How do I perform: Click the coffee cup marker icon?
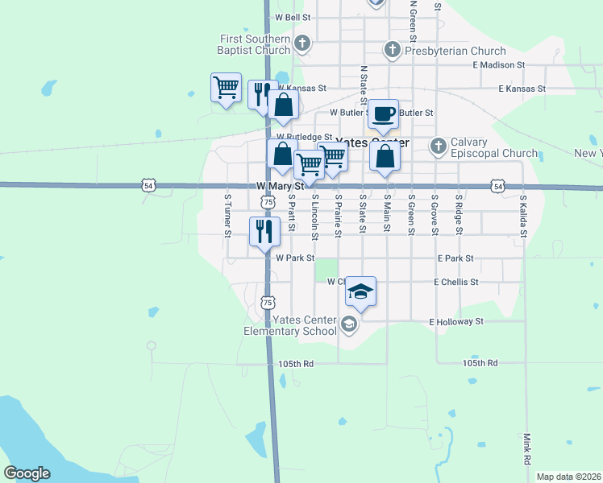click(384, 114)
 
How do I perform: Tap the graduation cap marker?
click(361, 291)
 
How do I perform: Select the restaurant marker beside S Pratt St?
click(264, 231)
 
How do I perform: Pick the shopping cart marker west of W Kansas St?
click(226, 87)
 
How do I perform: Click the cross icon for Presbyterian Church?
click(392, 50)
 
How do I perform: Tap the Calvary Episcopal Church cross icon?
click(438, 146)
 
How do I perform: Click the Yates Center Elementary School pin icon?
click(349, 324)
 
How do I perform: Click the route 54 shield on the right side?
click(499, 187)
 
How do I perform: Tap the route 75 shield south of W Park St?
click(268, 302)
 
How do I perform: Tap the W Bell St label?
click(293, 16)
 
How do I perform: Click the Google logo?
click(27, 473)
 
